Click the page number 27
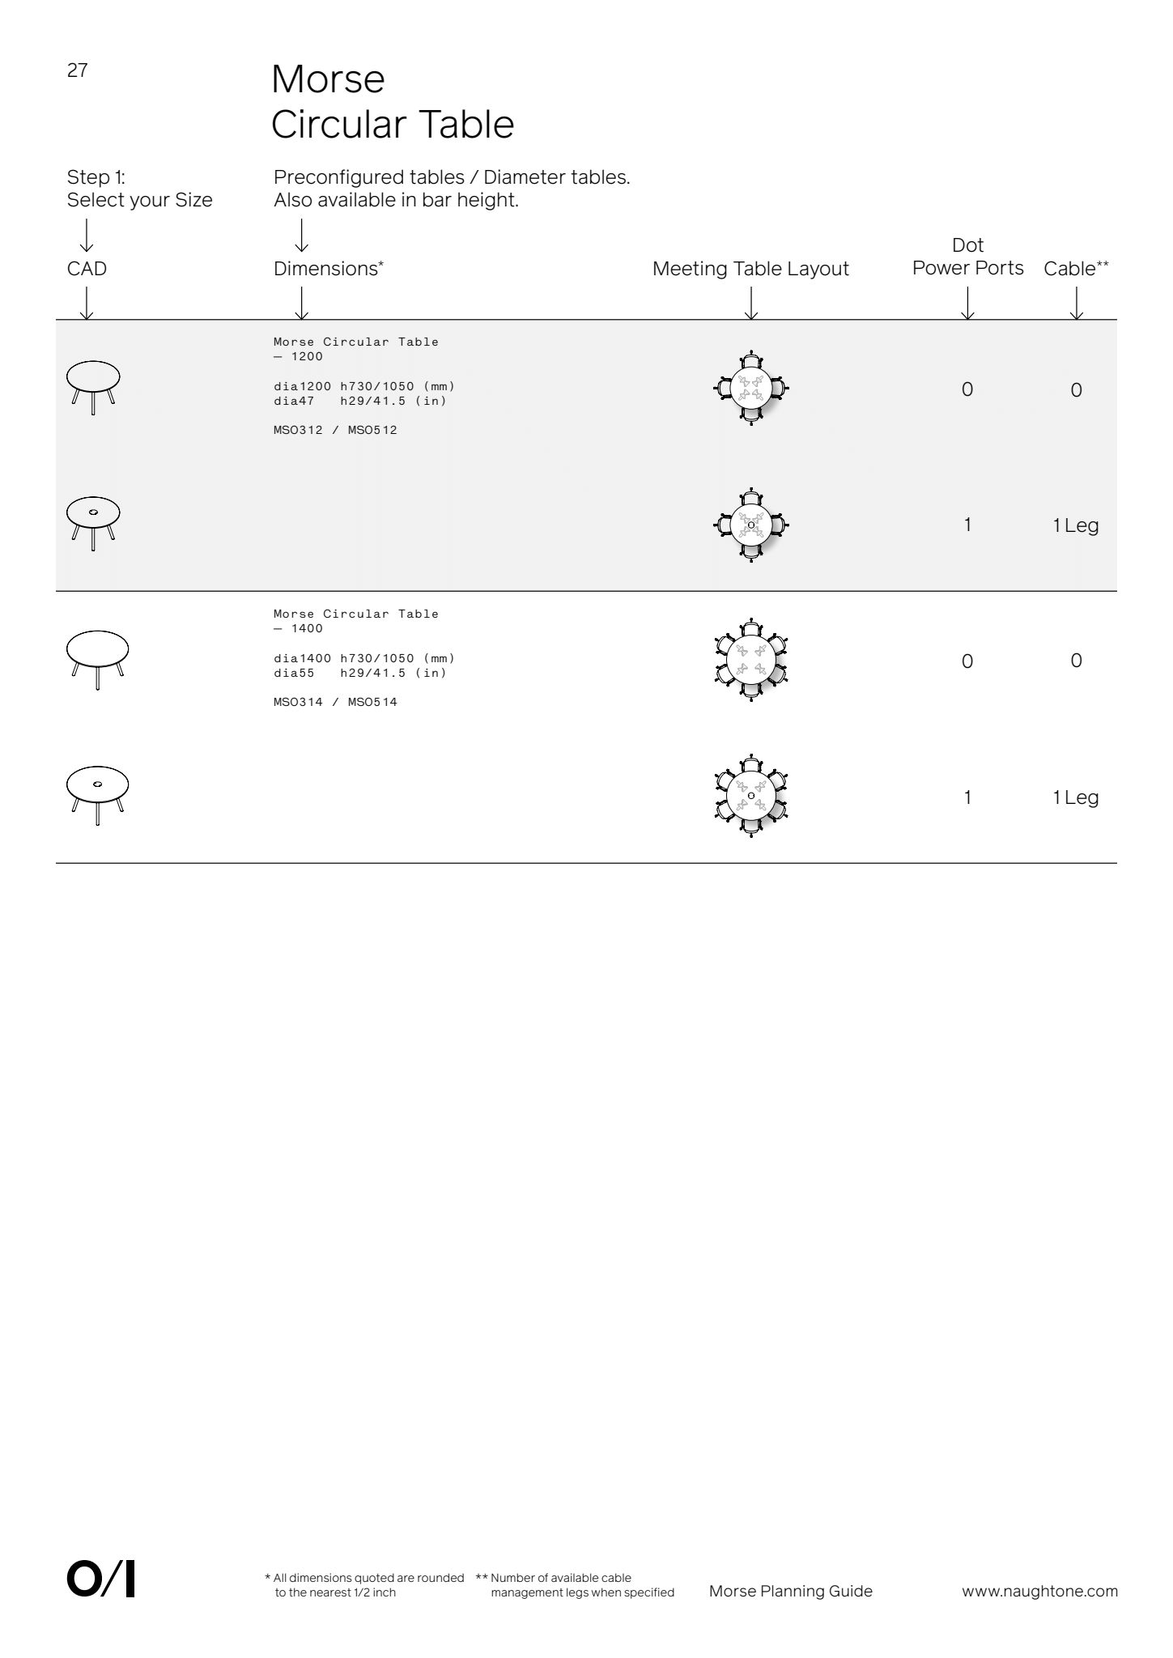click(x=77, y=71)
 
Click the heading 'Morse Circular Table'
click(x=392, y=102)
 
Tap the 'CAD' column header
click(x=87, y=269)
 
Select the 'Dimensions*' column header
click(x=328, y=269)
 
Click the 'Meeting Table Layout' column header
click(x=750, y=269)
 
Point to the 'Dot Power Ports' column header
click(x=967, y=257)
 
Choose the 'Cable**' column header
click(x=1076, y=269)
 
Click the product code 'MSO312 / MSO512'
click(x=335, y=430)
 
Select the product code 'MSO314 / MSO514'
click(x=335, y=702)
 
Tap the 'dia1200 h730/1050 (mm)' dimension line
click(x=364, y=386)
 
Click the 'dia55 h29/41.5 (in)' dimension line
click(x=360, y=673)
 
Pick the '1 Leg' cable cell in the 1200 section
click(x=1075, y=525)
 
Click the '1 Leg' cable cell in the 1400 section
click(x=1075, y=797)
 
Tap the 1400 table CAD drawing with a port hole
click(x=97, y=793)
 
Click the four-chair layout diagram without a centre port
click(x=751, y=389)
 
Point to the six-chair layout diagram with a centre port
click(x=751, y=797)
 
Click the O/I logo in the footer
click(x=100, y=1580)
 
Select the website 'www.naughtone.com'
click(x=1039, y=1591)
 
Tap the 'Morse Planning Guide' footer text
click(x=790, y=1591)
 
